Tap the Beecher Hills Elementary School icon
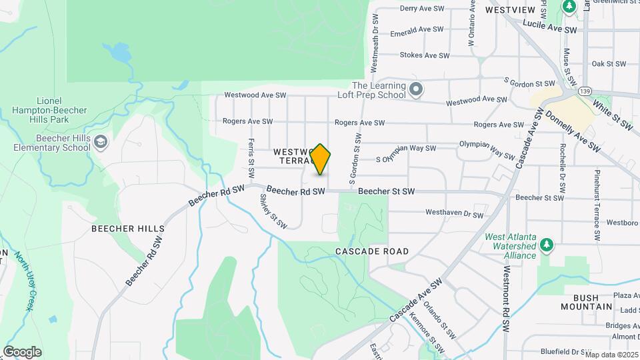click(100, 142)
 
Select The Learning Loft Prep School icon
click(417, 89)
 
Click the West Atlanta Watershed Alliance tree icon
click(546, 245)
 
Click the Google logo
click(22, 352)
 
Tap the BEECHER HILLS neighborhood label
click(128, 229)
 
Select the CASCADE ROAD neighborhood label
click(371, 251)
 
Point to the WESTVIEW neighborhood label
click(510, 10)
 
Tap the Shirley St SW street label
click(272, 215)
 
